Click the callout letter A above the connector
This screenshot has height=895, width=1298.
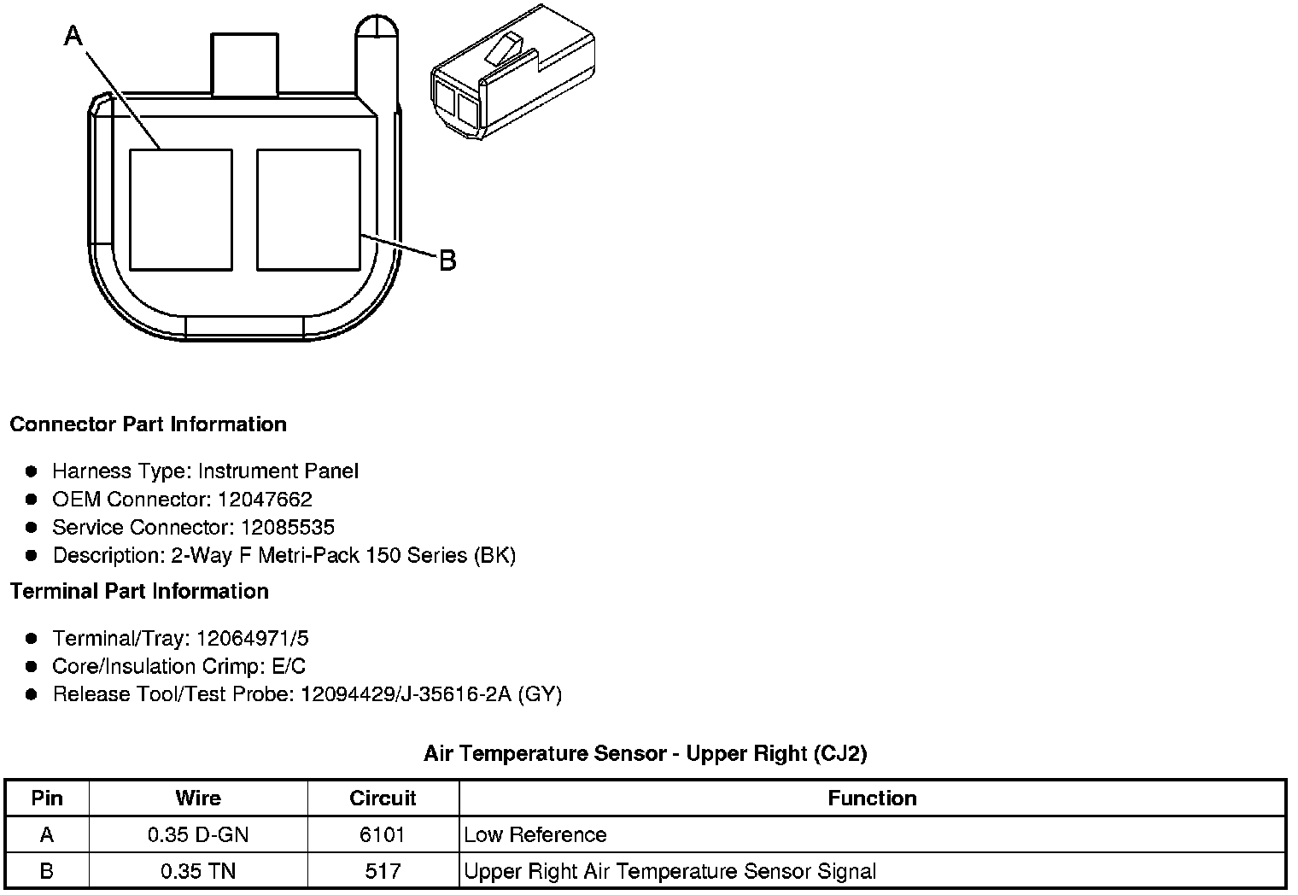pyautogui.click(x=73, y=35)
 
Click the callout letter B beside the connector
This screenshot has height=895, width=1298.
pyautogui.click(x=448, y=260)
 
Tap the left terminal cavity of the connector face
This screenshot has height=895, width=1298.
pyautogui.click(x=181, y=210)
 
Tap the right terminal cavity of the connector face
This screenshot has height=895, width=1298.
pyautogui.click(x=308, y=210)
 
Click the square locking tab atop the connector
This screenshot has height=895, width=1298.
pyautogui.click(x=244, y=64)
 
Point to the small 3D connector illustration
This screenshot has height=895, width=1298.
pyautogui.click(x=513, y=72)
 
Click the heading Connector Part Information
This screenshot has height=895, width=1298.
pyautogui.click(x=149, y=424)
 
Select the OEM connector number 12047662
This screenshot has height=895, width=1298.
pyautogui.click(x=265, y=499)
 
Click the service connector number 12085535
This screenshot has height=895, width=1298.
pyautogui.click(x=288, y=527)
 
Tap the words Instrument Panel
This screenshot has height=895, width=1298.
pyautogui.click(x=278, y=471)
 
